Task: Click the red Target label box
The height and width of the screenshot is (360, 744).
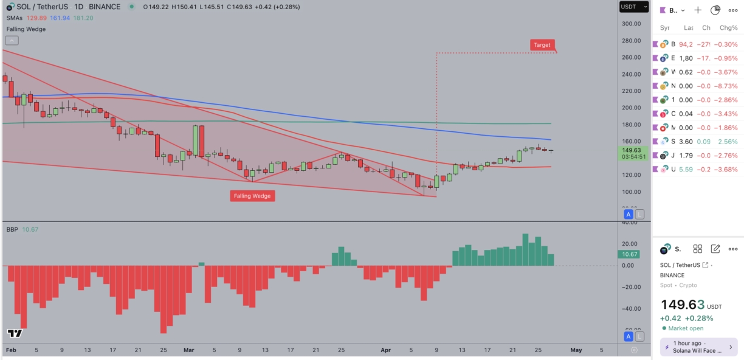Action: pos(542,44)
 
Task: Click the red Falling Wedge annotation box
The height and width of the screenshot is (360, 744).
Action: pos(252,196)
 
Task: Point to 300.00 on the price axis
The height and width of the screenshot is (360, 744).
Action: pos(632,24)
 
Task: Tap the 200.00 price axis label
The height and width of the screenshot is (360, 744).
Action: pos(632,108)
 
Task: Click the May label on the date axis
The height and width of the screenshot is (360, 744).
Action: pos(576,350)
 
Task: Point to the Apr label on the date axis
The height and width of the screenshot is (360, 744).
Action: pos(385,350)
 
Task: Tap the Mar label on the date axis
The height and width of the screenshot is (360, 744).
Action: pos(188,350)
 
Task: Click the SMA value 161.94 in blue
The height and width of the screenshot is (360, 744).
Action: pos(60,18)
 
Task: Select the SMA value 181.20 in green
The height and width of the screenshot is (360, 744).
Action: pos(83,18)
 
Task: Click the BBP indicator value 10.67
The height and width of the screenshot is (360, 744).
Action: pos(30,229)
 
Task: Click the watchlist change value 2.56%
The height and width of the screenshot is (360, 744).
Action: pos(728,141)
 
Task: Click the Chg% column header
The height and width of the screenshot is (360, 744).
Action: pos(728,27)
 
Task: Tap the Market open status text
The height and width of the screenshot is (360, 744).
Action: pos(686,328)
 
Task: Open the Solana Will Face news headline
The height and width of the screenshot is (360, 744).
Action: pos(698,350)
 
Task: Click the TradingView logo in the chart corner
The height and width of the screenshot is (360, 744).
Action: pos(15,333)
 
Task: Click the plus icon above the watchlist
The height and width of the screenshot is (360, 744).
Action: pos(698,10)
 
